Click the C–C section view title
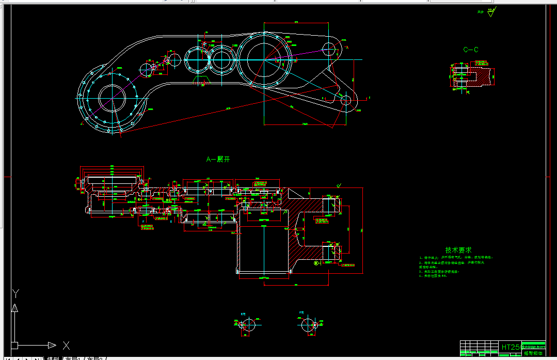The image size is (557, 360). [x=470, y=50]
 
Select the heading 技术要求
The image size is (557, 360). [x=458, y=249]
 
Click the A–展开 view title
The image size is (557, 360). [x=218, y=160]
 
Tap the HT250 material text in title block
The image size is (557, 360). [x=511, y=347]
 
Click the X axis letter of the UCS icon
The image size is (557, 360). [x=66, y=345]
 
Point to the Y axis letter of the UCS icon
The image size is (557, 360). [x=16, y=293]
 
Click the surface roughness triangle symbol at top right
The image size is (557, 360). [x=491, y=12]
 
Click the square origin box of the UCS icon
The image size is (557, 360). [x=14, y=345]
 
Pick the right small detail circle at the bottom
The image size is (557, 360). [x=308, y=325]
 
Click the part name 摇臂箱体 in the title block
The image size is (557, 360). [x=533, y=354]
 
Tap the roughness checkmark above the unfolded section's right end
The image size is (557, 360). [x=339, y=184]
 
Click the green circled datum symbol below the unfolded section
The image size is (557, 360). [x=317, y=263]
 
